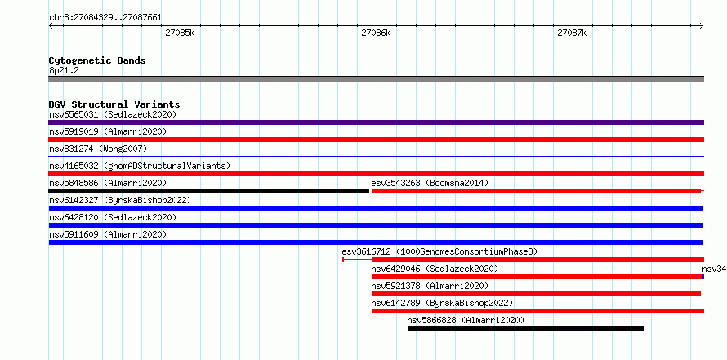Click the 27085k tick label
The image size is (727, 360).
pyautogui.click(x=180, y=33)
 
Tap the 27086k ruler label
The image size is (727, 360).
pyautogui.click(x=376, y=33)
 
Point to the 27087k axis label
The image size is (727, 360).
pyautogui.click(x=572, y=33)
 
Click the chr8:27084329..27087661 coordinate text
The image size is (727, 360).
pyautogui.click(x=105, y=18)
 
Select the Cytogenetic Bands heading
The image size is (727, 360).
pyautogui.click(x=97, y=60)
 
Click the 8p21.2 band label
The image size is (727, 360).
pyautogui.click(x=64, y=71)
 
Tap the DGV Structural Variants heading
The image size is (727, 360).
pyautogui.click(x=114, y=104)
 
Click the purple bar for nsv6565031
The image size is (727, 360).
pyautogui.click(x=376, y=122)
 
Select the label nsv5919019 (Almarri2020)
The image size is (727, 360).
pyautogui.click(x=108, y=131)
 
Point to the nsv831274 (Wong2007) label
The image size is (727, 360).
pyautogui.click(x=98, y=149)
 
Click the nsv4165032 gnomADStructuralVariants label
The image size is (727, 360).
pyautogui.click(x=140, y=166)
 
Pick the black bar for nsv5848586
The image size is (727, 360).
pyautogui.click(x=208, y=191)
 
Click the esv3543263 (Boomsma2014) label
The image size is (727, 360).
pyautogui.click(x=430, y=183)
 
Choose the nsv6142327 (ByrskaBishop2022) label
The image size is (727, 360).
pyautogui.click(x=120, y=200)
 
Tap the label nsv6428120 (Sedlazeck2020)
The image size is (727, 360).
pyautogui.click(x=113, y=217)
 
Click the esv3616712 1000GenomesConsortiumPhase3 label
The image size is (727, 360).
pyautogui.click(x=439, y=251)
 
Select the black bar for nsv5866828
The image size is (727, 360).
pyautogui.click(x=526, y=328)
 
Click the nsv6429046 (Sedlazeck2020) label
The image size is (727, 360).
pyautogui.click(x=435, y=269)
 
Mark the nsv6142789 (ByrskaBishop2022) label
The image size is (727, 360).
pyautogui.click(x=442, y=303)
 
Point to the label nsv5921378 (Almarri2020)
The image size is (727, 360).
pyautogui.click(x=430, y=286)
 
